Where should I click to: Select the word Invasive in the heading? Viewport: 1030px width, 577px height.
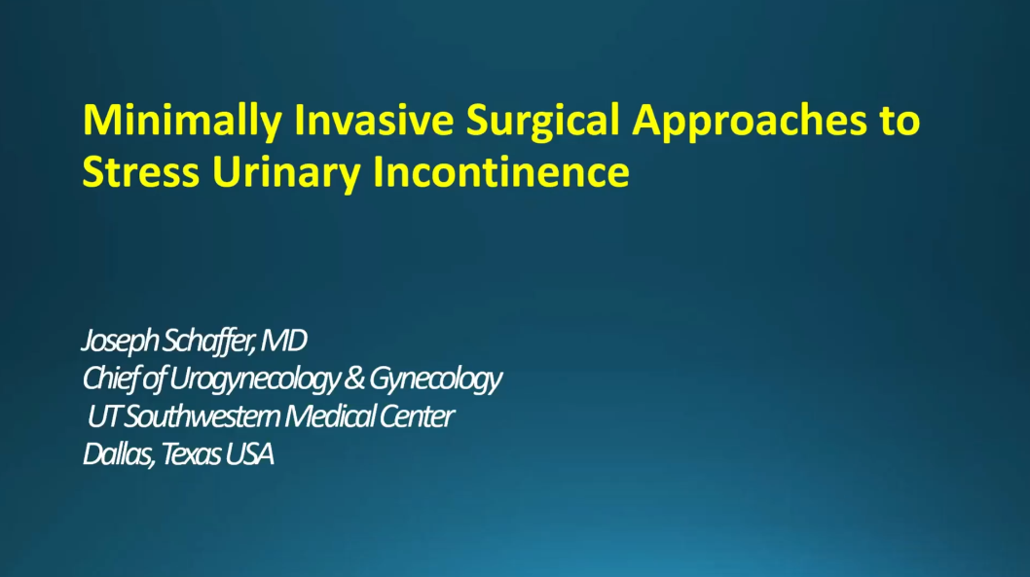coord(374,120)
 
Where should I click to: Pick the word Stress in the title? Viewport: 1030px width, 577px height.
coord(140,172)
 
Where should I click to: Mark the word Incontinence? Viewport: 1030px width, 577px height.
coord(500,172)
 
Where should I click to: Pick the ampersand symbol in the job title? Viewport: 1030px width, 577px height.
coord(354,379)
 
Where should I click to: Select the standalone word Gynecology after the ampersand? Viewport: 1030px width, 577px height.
coord(435,379)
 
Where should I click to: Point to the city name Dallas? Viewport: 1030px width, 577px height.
coord(118,454)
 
